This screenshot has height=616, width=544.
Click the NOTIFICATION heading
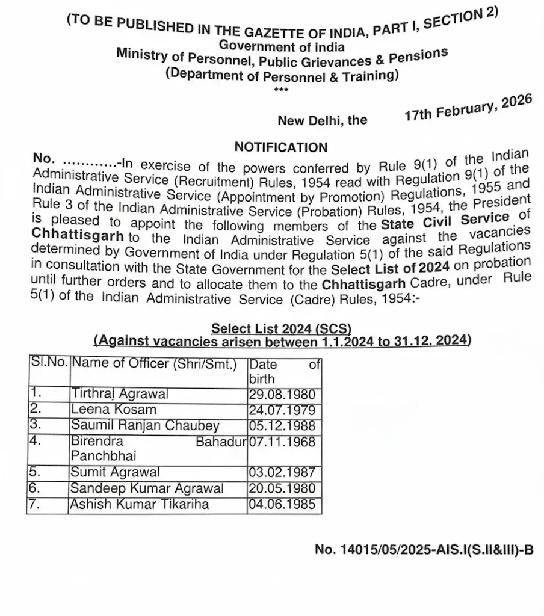click(281, 147)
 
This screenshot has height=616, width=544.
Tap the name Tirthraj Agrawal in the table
click(120, 395)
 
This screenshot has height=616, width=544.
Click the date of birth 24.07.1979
click(282, 410)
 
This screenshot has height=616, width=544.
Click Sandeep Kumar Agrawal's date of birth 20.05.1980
click(282, 488)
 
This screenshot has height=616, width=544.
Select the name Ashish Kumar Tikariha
click(140, 504)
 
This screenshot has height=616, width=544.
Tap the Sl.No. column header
click(49, 364)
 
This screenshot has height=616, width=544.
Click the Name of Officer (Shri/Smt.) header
click(154, 364)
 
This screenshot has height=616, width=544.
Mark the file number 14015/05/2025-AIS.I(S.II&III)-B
click(424, 549)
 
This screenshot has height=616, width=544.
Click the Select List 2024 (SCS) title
click(281, 328)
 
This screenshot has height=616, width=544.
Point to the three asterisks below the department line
click(281, 90)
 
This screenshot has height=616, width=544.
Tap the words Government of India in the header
click(282, 46)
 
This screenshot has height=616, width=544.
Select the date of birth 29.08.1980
click(282, 395)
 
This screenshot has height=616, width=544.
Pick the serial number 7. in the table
click(34, 504)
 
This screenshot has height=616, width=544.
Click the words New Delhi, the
click(322, 120)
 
